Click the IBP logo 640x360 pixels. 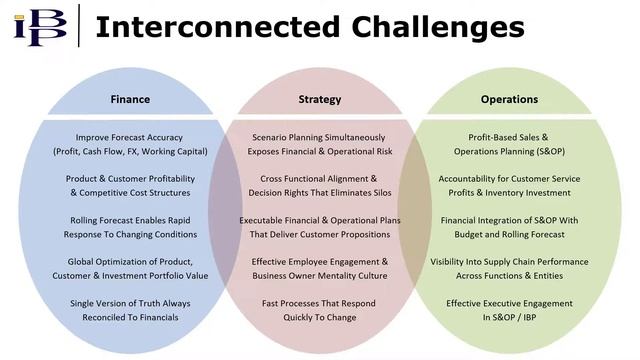(x=41, y=26)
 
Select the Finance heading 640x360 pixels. (x=130, y=99)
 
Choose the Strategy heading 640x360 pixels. (x=320, y=99)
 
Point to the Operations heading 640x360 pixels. (x=509, y=99)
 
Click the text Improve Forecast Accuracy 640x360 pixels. (x=130, y=138)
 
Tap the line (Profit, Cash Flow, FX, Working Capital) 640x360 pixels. (x=130, y=152)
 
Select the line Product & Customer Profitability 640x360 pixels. (x=130, y=179)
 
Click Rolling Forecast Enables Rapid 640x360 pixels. (x=130, y=220)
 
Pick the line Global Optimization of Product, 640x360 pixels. (x=130, y=262)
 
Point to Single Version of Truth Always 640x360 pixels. (x=130, y=303)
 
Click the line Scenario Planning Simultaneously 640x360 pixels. (x=320, y=138)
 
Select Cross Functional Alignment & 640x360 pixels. (x=320, y=179)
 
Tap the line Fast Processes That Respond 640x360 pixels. (x=320, y=303)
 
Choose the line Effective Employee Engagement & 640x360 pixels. (x=320, y=262)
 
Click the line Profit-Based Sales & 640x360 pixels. (x=509, y=138)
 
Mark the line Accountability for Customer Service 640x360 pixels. (x=509, y=179)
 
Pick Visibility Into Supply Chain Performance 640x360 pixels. (x=509, y=262)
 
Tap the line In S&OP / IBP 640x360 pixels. (x=509, y=317)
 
